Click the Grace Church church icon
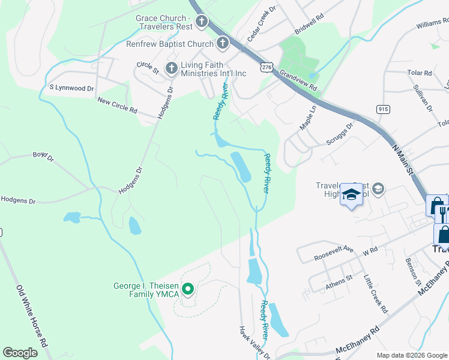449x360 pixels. [x=201, y=23]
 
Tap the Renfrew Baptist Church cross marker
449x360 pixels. [x=223, y=43]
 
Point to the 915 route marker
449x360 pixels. [x=383, y=109]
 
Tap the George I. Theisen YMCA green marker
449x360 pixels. [x=187, y=290]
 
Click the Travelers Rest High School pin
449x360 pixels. [x=351, y=194]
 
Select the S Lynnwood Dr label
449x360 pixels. [x=72, y=88]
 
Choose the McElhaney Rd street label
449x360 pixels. [x=358, y=337]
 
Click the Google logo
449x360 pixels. [x=20, y=353]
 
